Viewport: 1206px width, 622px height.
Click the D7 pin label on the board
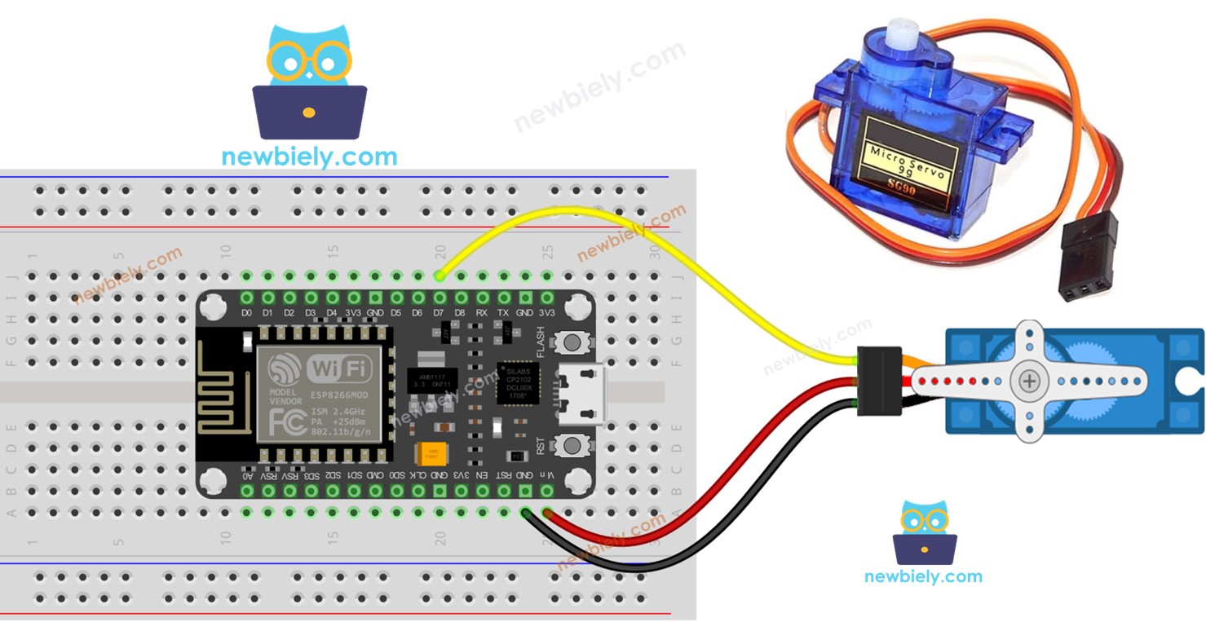click(x=440, y=312)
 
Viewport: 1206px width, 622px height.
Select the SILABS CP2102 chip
click(x=517, y=382)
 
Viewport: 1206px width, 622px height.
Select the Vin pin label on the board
click(x=548, y=474)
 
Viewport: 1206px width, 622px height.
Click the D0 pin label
click(x=246, y=312)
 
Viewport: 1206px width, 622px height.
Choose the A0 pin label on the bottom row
click(x=246, y=474)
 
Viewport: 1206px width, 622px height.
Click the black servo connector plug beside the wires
click(x=879, y=379)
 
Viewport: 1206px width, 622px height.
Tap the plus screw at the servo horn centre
click(x=1031, y=382)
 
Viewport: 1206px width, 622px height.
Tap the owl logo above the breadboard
click(x=309, y=82)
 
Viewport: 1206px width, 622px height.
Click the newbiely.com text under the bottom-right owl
click(x=923, y=576)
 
